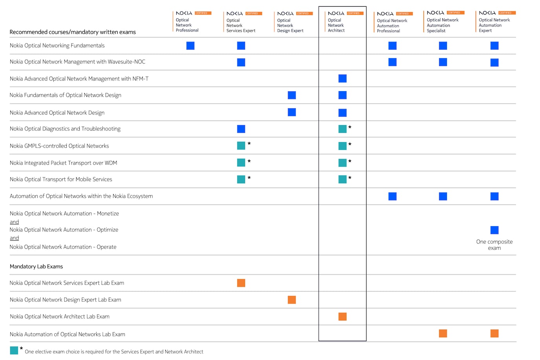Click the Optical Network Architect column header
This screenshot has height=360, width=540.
coord(336,25)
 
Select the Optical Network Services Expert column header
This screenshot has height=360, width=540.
coord(241,26)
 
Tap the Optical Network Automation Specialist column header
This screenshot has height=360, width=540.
coord(442,25)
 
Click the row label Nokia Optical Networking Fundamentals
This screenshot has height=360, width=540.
coord(57,46)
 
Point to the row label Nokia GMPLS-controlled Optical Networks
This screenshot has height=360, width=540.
coord(59,146)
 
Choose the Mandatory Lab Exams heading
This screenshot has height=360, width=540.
coord(36,267)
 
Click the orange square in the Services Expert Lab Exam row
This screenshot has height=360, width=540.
coord(241,283)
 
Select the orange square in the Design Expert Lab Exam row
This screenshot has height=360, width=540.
coord(292,300)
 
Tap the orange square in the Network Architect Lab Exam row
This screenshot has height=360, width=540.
coord(342,317)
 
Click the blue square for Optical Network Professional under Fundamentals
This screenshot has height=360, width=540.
coord(190,46)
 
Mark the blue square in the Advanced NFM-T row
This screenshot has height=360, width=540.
coord(342,79)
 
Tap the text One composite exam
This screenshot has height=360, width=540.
coord(494,245)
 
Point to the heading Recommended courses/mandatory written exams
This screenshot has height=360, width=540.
coord(73,32)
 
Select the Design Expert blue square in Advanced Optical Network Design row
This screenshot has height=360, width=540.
coord(292,112)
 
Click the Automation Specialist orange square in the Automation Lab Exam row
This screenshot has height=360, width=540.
coord(443,334)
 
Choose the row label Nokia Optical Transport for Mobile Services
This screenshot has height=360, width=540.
coord(61,179)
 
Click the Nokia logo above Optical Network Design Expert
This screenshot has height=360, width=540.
coord(285,14)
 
